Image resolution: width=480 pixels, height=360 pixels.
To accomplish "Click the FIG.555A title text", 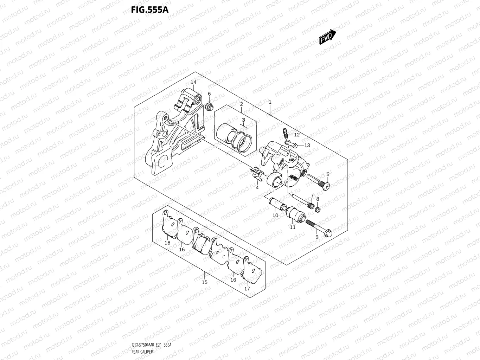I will [x=149, y=9].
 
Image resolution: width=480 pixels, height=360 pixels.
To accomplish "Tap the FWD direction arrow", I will [x=327, y=37].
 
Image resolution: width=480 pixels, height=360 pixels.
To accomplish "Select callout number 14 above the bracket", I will [x=193, y=82].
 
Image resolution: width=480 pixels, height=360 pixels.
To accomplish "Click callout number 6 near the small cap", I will [x=209, y=94].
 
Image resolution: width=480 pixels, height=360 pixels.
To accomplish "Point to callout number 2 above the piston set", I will [x=242, y=104].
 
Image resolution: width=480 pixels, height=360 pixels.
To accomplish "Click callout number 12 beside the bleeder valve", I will [x=297, y=135].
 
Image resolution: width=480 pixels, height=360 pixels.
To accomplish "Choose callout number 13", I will [x=307, y=145].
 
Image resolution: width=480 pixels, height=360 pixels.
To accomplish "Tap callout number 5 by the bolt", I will [x=328, y=174].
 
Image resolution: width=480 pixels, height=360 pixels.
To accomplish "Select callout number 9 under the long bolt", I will [x=316, y=237].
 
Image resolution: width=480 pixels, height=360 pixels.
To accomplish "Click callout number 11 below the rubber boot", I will [x=293, y=227].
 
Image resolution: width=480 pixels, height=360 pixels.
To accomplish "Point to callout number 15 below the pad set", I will [x=205, y=282].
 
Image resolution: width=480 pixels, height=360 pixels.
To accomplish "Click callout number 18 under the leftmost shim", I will [x=167, y=243].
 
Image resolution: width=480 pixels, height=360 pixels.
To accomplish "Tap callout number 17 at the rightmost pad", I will [x=247, y=289].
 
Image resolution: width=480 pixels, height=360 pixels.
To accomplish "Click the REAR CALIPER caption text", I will [x=142, y=352].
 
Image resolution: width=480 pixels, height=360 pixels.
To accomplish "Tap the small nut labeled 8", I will [x=317, y=210].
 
